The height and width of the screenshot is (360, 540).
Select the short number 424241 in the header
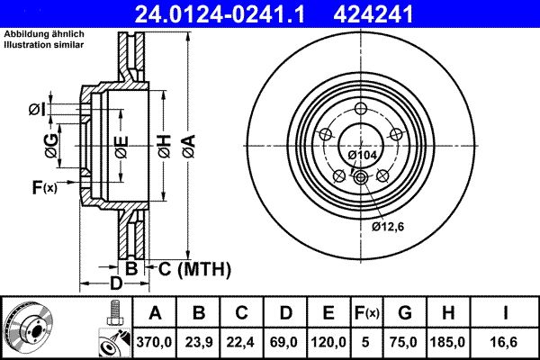pos(404,13)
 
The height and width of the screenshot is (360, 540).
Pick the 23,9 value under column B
pos(199,341)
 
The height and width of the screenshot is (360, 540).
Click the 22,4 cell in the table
pos(242,341)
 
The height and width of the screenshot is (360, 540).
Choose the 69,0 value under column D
pos(285,341)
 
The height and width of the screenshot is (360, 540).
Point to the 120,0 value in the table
pos(328,341)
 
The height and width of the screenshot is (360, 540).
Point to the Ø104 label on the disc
pos(363,156)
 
